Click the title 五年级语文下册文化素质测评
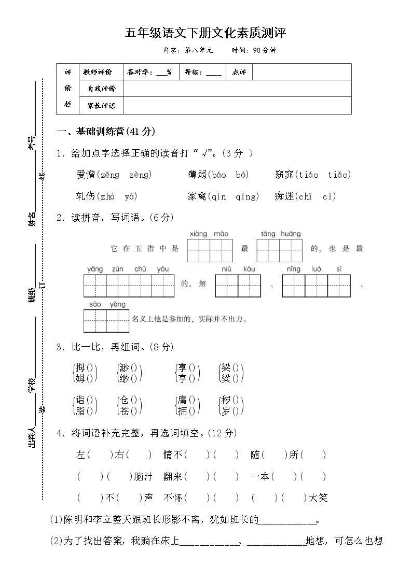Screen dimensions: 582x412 (205, 34)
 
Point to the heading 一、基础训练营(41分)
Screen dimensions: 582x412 (106, 132)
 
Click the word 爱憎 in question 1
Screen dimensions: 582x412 (85, 175)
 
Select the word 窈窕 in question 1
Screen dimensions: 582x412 (284, 175)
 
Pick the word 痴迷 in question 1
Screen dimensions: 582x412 (284, 196)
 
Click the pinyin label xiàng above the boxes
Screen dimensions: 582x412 (198, 234)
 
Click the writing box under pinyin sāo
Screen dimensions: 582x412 (95, 320)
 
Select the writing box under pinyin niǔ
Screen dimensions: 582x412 (226, 286)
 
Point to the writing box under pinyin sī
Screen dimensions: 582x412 (339, 286)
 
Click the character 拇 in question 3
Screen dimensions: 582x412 (80, 367)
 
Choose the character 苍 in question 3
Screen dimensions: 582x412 (125, 411)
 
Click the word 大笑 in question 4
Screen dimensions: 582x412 (318, 498)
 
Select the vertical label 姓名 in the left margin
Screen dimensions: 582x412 (32, 219)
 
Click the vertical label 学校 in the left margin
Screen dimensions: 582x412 (32, 385)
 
